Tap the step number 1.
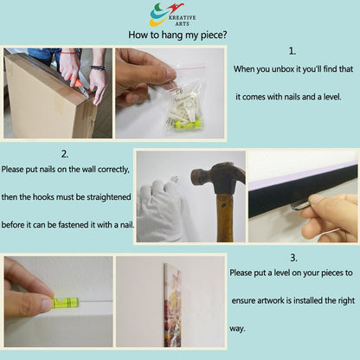[292, 51]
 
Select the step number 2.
[65, 154]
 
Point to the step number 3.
[293, 258]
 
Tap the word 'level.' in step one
[332, 97]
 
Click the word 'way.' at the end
[237, 329]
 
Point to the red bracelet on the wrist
[68, 53]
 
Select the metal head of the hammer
[219, 177]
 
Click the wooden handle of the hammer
[225, 218]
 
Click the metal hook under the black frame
[300, 206]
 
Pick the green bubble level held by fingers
[66, 303]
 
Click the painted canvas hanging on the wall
[172, 305]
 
